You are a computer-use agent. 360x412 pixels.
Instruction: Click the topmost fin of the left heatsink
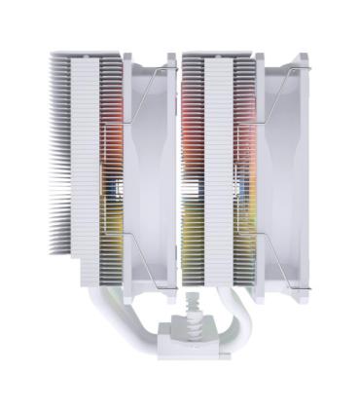[88, 56]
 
